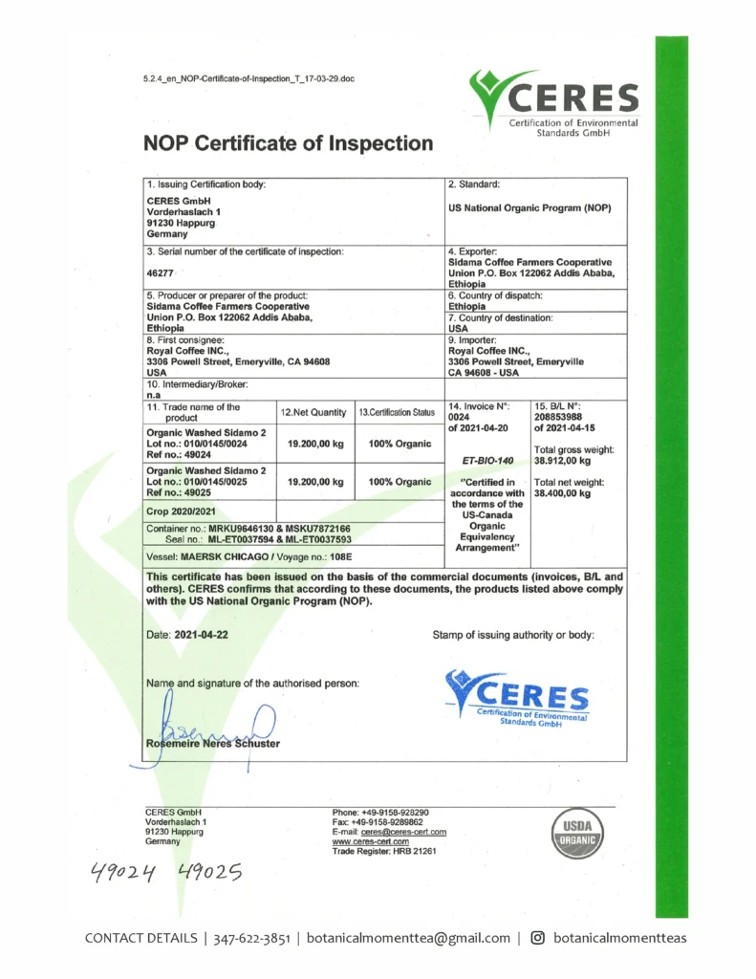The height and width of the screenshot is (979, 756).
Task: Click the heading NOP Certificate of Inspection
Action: (288, 144)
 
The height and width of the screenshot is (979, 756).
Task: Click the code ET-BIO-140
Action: (487, 460)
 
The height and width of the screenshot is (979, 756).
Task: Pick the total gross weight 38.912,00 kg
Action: (564, 461)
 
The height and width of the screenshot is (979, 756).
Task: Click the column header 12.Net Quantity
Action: (313, 412)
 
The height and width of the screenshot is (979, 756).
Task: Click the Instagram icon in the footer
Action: (537, 938)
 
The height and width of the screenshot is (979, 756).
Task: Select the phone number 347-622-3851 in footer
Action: (252, 938)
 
